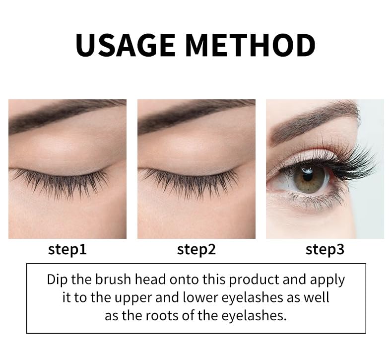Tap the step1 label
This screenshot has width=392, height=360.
(x=67, y=249)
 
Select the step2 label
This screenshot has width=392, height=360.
(x=196, y=249)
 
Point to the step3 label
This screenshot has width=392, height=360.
(x=325, y=249)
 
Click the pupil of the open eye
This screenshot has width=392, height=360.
(x=307, y=175)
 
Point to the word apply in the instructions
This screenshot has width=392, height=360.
(x=327, y=280)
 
